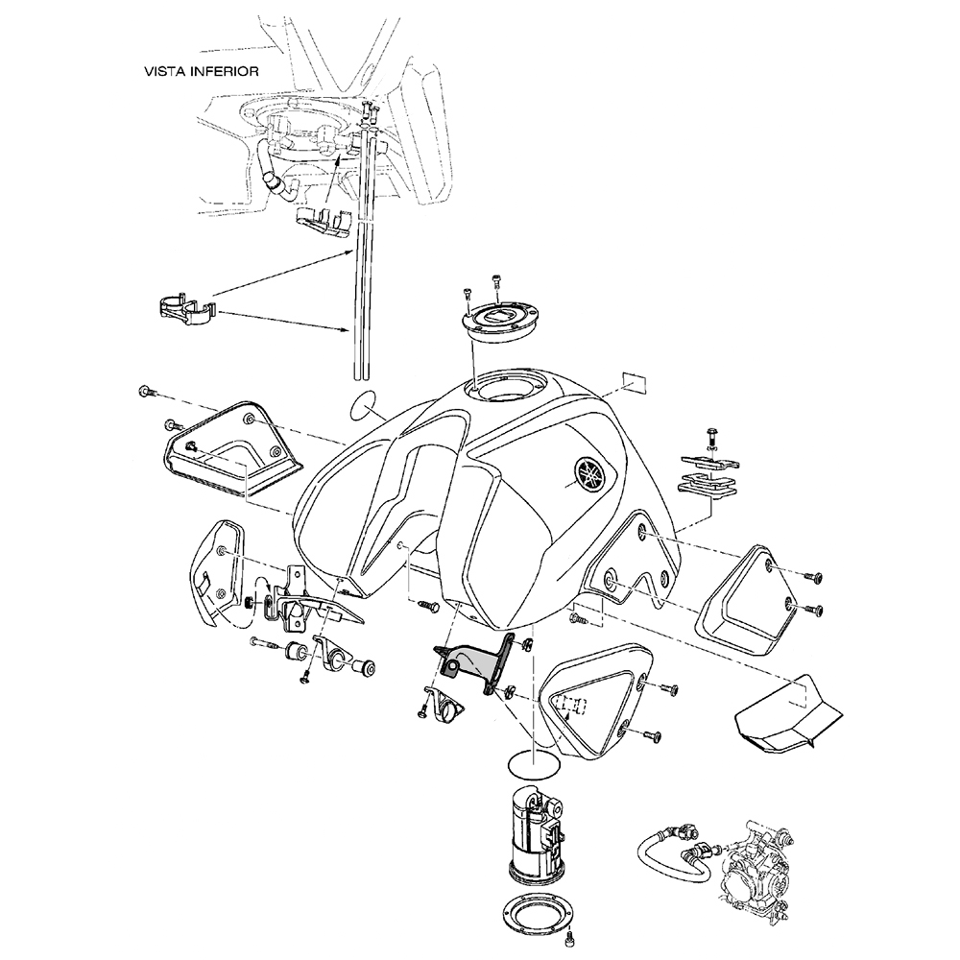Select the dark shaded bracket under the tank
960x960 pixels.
click(x=476, y=663)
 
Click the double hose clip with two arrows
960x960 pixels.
click(x=184, y=312)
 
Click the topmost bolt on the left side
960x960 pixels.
click(x=147, y=391)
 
